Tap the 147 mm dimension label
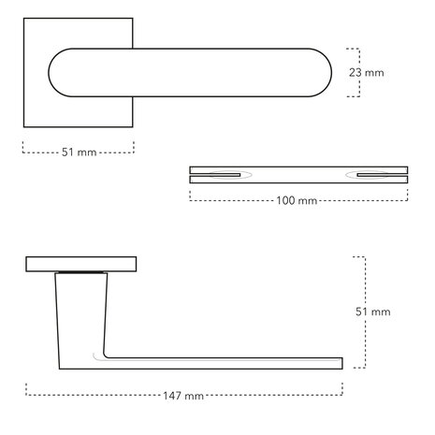[181, 396]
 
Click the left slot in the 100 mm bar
[227, 174]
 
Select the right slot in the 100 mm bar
[372, 174]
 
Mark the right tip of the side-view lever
[340, 363]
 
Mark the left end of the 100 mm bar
[191, 174]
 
